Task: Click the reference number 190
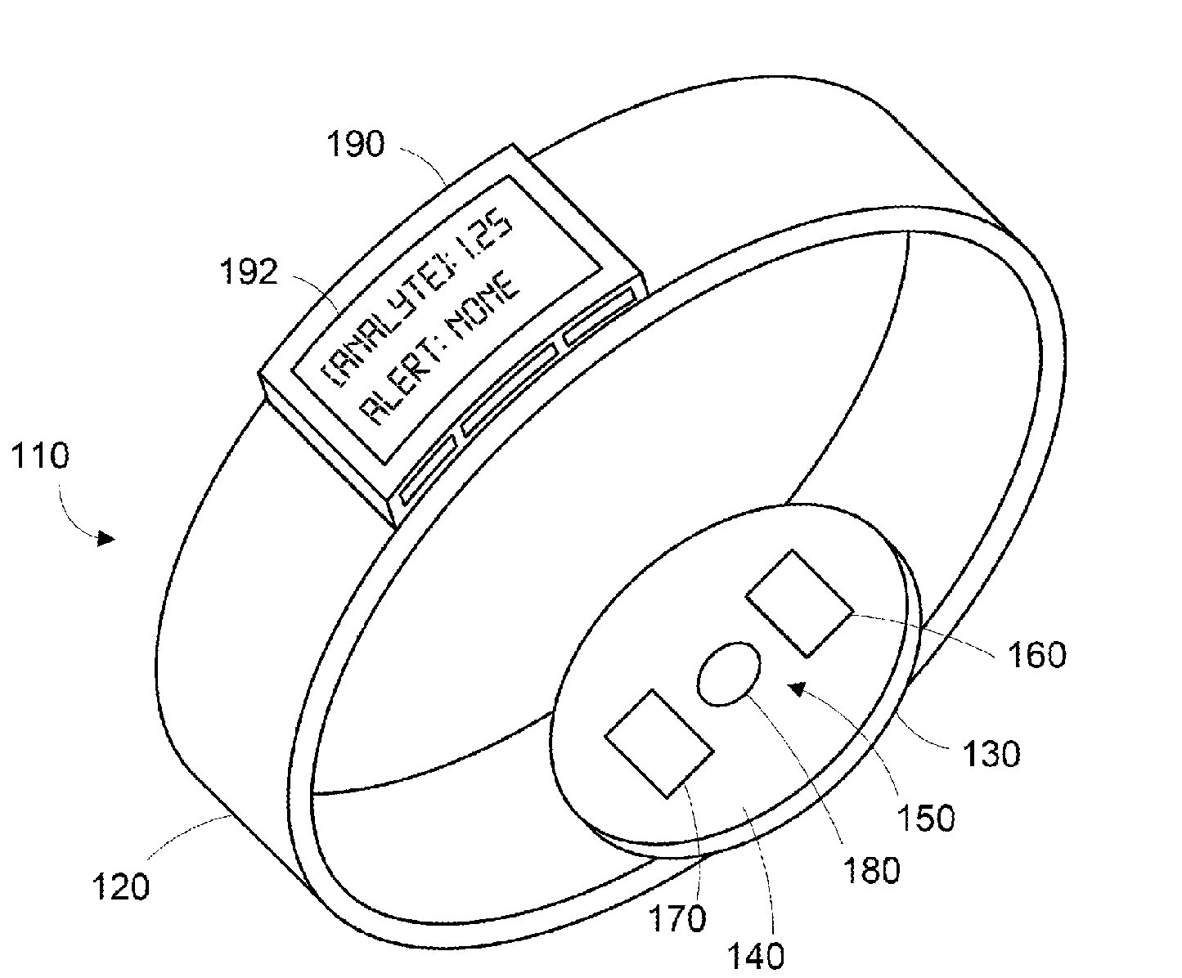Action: [x=354, y=145]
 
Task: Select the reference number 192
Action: [x=250, y=273]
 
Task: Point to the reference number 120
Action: [x=120, y=886]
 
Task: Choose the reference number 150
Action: [x=924, y=818]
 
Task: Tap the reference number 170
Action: [x=678, y=920]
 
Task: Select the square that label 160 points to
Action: [x=799, y=603]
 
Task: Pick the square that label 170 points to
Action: [x=658, y=742]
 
